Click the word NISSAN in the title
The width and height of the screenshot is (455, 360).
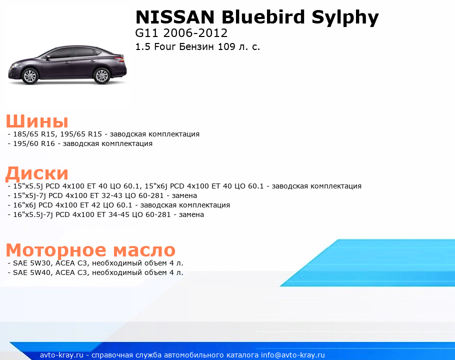tap(175, 17)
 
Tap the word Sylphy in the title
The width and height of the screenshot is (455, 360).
tap(345, 18)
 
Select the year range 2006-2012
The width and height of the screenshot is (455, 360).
tap(195, 33)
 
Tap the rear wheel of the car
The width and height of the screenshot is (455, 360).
tap(101, 75)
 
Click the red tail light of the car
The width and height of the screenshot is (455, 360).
tap(119, 59)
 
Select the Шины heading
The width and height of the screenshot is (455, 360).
tap(37, 121)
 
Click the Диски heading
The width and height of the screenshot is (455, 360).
tap(37, 173)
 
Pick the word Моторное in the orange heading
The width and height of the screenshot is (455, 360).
tap(56, 250)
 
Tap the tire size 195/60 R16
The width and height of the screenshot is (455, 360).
tap(34, 143)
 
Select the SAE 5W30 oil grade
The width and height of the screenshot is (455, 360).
tap(31, 263)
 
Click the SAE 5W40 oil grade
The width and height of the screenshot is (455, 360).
tap(31, 272)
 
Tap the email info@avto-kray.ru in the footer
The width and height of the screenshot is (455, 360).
tap(293, 355)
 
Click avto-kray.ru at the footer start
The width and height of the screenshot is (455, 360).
tap(61, 355)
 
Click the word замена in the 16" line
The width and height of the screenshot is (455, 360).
tap(191, 214)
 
